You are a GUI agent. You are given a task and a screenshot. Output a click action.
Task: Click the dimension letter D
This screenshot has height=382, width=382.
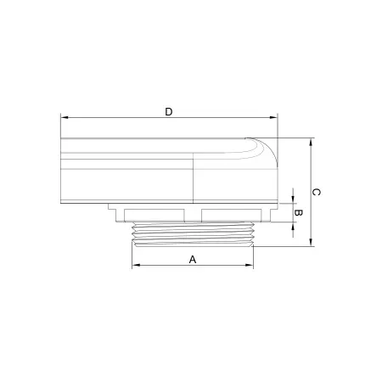pyautogui.click(x=169, y=112)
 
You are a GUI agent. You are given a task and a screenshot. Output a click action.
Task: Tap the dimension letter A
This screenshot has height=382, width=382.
pyautogui.click(x=193, y=260)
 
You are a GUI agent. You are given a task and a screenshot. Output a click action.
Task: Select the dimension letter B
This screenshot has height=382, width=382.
pyautogui.click(x=298, y=212)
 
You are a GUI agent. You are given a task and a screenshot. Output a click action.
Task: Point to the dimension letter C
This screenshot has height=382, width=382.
pyautogui.click(x=316, y=192)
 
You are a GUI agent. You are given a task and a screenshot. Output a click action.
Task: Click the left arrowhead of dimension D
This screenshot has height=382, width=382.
pyautogui.click(x=65, y=117)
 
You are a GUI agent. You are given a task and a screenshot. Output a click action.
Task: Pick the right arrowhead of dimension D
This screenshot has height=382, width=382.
pyautogui.click(x=273, y=117)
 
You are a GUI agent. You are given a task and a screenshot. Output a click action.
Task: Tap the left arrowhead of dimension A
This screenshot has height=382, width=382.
pyautogui.click(x=136, y=265)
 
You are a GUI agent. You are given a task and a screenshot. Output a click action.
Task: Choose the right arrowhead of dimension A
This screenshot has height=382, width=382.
pyautogui.click(x=250, y=265)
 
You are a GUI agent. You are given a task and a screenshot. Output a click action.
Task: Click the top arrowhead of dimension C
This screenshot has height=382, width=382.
pyautogui.click(x=311, y=142)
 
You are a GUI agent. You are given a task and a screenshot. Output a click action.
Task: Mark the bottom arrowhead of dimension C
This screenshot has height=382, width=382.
pyautogui.click(x=311, y=243)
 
